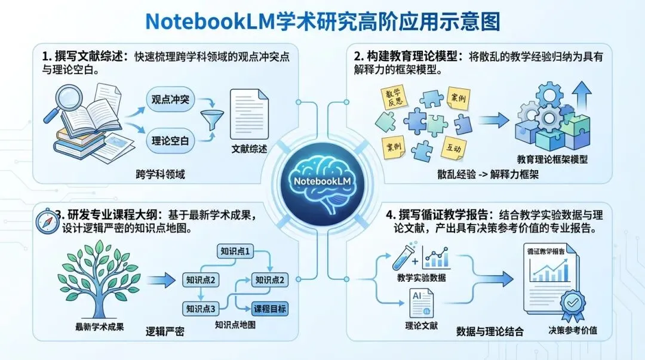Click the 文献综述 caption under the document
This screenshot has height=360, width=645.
(250, 149)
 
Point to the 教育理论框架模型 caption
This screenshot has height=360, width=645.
(552, 159)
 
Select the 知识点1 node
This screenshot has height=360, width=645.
(235, 251)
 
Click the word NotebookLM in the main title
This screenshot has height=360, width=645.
(207, 21)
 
